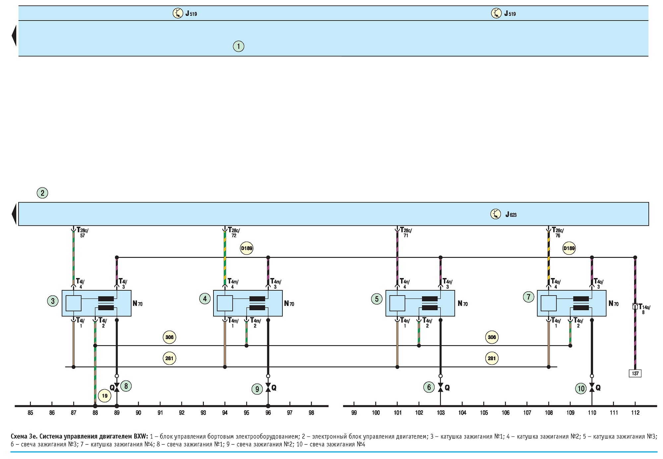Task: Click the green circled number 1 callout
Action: tap(238, 46)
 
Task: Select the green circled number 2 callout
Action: tap(42, 193)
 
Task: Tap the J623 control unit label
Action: tap(511, 214)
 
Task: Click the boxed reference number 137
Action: tap(635, 373)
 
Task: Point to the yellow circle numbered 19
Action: tap(105, 396)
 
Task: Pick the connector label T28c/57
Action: tap(82, 232)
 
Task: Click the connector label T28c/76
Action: tap(558, 232)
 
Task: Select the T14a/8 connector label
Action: tap(644, 309)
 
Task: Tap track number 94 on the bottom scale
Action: tap(225, 413)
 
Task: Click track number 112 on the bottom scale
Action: tap(635, 413)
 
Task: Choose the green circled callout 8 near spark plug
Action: tap(126, 386)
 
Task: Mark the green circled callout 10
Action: tap(581, 388)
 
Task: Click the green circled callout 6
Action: tap(429, 387)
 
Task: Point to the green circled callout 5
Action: tap(377, 299)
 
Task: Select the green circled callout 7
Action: tap(528, 297)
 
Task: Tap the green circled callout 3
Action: tap(53, 301)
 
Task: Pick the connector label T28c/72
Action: tap(234, 232)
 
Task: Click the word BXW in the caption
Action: tap(141, 436)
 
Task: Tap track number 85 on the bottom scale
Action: tap(30, 413)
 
